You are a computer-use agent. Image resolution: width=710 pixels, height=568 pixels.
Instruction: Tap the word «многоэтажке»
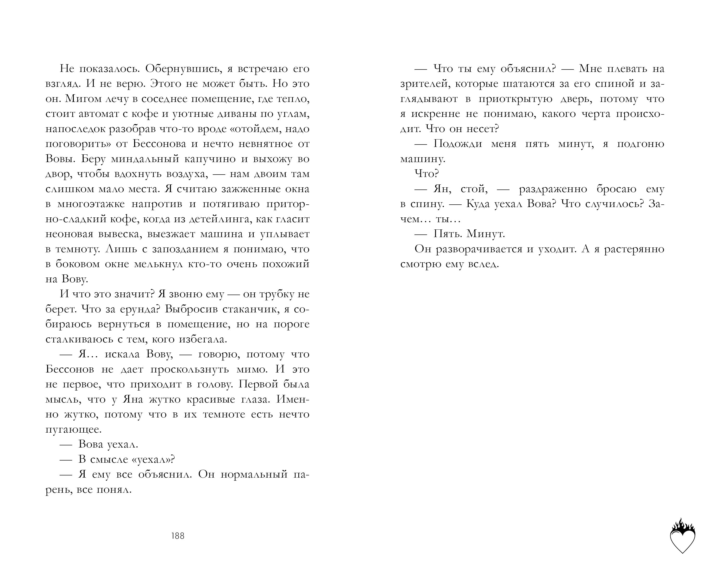91,204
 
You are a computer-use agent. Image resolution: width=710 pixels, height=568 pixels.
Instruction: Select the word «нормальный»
254,475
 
